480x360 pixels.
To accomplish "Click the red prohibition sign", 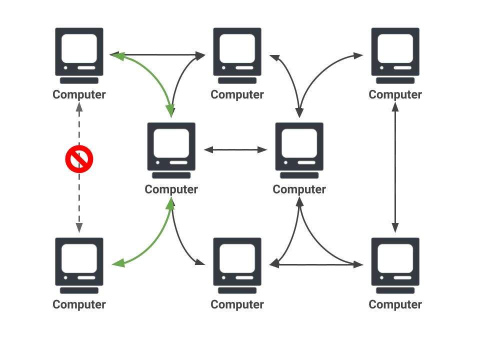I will coord(79,159).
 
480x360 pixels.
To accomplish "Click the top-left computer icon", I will coord(79,55).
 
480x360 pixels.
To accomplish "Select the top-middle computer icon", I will coord(237,55).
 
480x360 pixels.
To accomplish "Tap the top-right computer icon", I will coord(395,55).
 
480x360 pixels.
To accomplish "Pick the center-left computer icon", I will coord(171,150).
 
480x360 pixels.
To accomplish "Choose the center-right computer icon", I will coord(299,150).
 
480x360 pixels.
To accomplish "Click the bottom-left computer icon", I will coord(79,265).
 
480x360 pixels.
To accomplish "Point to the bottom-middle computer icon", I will coord(237,265).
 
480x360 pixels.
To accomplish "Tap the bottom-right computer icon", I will coord(395,265).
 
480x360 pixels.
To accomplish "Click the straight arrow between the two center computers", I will coord(235,149).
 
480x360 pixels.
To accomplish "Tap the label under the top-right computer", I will coord(395,94).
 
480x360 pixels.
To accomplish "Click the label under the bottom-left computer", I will coord(79,304).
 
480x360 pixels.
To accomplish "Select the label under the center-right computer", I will coord(299,189).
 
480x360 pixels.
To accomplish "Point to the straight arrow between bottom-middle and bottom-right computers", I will coord(320,265).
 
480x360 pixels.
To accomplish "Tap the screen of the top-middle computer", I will coord(237,48).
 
